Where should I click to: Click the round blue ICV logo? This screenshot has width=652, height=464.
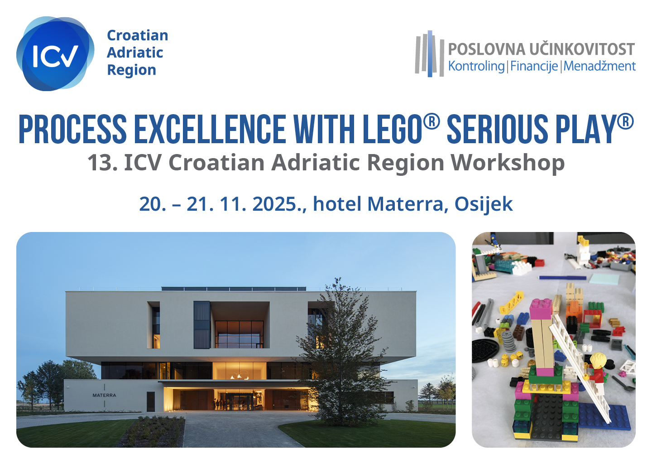[x=55, y=53]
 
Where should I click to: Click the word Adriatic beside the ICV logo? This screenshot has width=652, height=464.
[x=135, y=53]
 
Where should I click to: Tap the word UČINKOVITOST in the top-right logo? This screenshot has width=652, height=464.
[x=582, y=49]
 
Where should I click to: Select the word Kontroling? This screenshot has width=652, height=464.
[x=476, y=66]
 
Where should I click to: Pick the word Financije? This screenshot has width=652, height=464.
[x=534, y=66]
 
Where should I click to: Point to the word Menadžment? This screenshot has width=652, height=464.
[x=599, y=66]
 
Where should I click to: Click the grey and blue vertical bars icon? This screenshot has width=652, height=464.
[x=429, y=53]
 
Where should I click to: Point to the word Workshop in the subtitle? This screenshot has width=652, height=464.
[x=508, y=163]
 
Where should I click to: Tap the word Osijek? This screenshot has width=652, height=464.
[x=484, y=204]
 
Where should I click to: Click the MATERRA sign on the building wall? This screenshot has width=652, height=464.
[x=104, y=395]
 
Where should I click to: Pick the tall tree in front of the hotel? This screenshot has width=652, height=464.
[x=340, y=353]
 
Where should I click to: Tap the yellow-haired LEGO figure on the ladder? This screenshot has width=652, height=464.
[x=598, y=372]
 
